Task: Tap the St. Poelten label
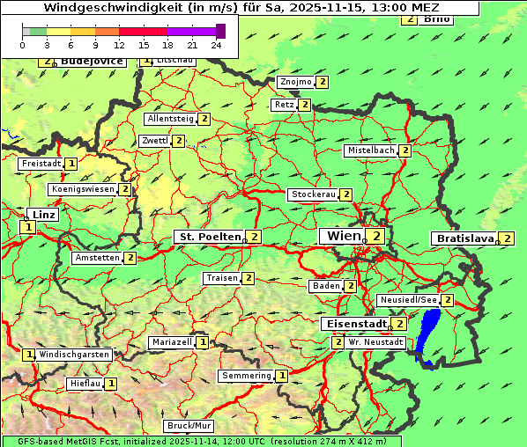pyautogui.click(x=209, y=237)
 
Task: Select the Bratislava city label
pyautogui.click(x=463, y=238)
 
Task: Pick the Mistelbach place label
pyautogui.click(x=370, y=150)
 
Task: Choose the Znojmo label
pyautogui.click(x=295, y=82)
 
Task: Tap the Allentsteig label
pyautogui.click(x=170, y=119)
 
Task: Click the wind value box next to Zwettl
pyautogui.click(x=179, y=141)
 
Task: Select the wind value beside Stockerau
pyautogui.click(x=346, y=194)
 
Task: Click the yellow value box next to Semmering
pyautogui.click(x=282, y=376)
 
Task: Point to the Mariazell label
pyautogui.click(x=171, y=341)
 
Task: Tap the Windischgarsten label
pyautogui.click(x=74, y=355)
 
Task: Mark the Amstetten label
pyautogui.click(x=97, y=258)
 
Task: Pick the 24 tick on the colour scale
pyautogui.click(x=217, y=44)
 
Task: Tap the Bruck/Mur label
pyautogui.click(x=189, y=426)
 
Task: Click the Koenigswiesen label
pyautogui.click(x=83, y=189)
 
